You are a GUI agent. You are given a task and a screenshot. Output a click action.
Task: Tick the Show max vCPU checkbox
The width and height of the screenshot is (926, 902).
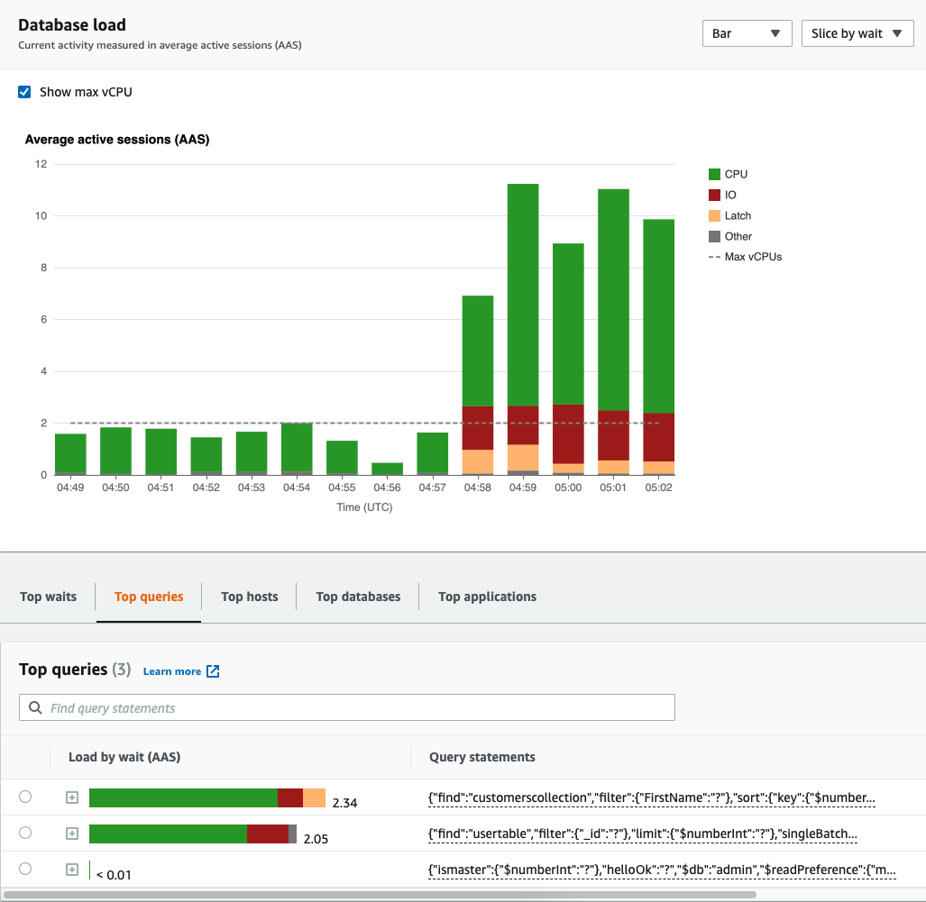coord(25,92)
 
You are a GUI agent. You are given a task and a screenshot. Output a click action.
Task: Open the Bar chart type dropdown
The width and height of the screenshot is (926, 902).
coord(747,33)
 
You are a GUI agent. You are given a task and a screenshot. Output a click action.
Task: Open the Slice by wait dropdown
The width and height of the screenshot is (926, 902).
coord(857,33)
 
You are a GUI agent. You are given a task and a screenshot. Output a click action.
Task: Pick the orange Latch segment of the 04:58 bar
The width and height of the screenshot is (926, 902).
coord(477,461)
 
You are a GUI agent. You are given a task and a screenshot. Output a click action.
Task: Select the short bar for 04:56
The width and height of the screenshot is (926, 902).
coord(387,469)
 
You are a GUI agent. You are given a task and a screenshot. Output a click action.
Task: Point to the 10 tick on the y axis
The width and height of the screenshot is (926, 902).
coord(40,216)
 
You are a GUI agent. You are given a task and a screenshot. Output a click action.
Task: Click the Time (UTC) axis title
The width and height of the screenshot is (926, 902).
coord(364,507)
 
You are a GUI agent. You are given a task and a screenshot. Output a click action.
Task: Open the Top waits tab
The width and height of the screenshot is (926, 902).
coord(48,597)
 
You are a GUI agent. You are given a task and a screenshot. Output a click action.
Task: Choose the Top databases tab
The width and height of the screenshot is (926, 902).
coord(358,597)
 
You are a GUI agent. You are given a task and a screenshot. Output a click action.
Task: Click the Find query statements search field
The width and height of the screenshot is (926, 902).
coord(347,708)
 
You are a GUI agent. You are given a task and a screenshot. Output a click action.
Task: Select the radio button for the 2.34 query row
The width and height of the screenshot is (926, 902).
coord(25,797)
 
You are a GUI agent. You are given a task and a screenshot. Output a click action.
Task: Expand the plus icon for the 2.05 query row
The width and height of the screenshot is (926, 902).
coord(72,834)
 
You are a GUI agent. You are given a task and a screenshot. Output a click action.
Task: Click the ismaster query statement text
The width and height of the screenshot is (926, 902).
coord(662,870)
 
